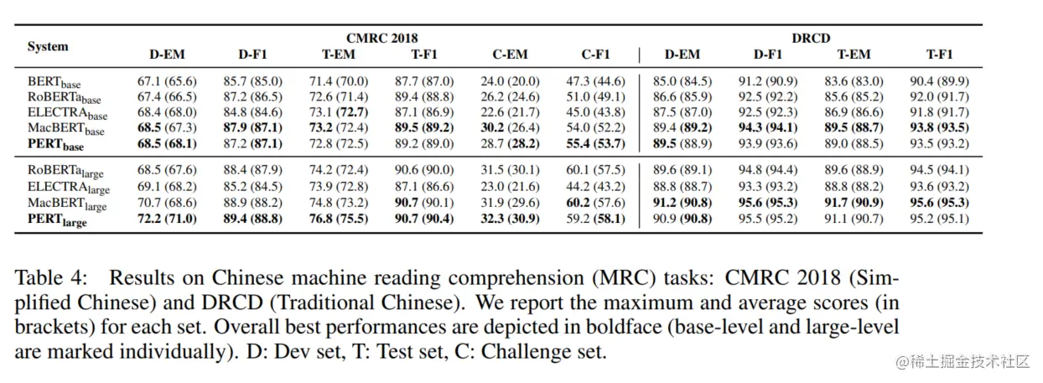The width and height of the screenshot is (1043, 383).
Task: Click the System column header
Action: tap(48, 46)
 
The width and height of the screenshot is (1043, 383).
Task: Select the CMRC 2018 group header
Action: tap(381, 38)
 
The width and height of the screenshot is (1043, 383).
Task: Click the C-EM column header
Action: tap(510, 55)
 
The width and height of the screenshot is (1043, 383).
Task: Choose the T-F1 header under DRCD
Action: tap(940, 55)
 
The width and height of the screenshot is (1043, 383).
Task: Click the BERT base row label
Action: tap(54, 82)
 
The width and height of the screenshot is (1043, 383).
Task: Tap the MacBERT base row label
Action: tap(66, 130)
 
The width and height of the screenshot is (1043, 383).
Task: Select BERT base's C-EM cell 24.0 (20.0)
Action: tap(510, 81)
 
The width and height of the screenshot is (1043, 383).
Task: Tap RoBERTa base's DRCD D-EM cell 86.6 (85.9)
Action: tap(682, 98)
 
